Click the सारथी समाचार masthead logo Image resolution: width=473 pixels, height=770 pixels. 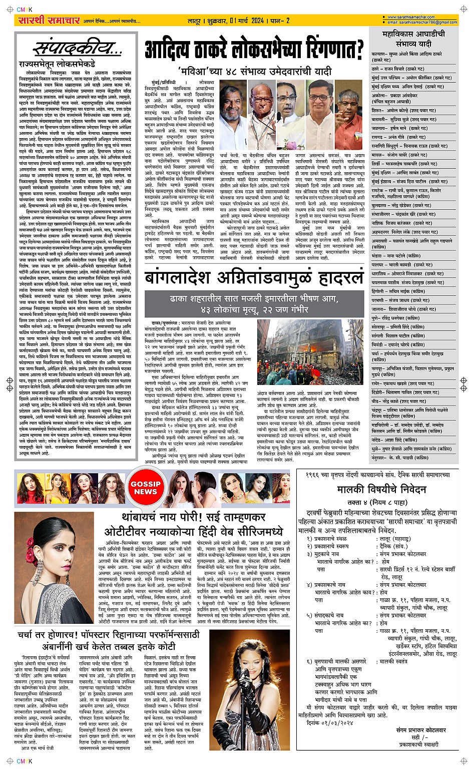(x=49, y=21)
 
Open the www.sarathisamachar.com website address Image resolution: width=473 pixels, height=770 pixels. (x=410, y=17)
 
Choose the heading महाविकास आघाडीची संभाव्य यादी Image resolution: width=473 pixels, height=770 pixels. (x=413, y=39)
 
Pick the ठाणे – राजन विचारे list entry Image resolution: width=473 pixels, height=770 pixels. (x=398, y=69)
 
